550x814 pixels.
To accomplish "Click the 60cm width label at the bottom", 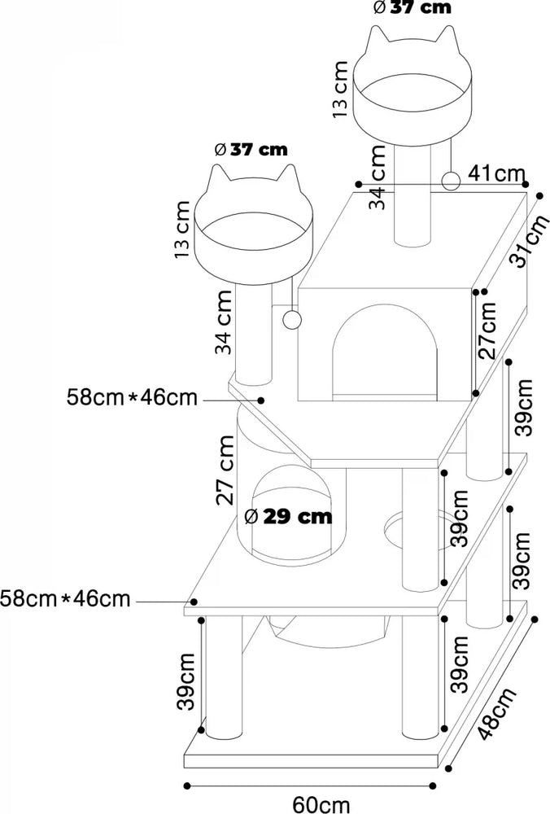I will point(321,803).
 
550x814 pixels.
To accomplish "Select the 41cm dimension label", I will point(497,173).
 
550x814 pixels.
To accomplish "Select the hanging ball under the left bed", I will point(290,319).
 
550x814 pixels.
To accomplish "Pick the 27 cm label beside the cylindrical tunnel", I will point(228,470).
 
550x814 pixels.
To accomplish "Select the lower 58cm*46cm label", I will point(65,599).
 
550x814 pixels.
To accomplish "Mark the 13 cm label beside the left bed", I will point(183,230).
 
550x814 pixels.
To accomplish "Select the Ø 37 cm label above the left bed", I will point(251,149).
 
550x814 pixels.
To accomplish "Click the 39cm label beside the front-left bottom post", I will point(186,680).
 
